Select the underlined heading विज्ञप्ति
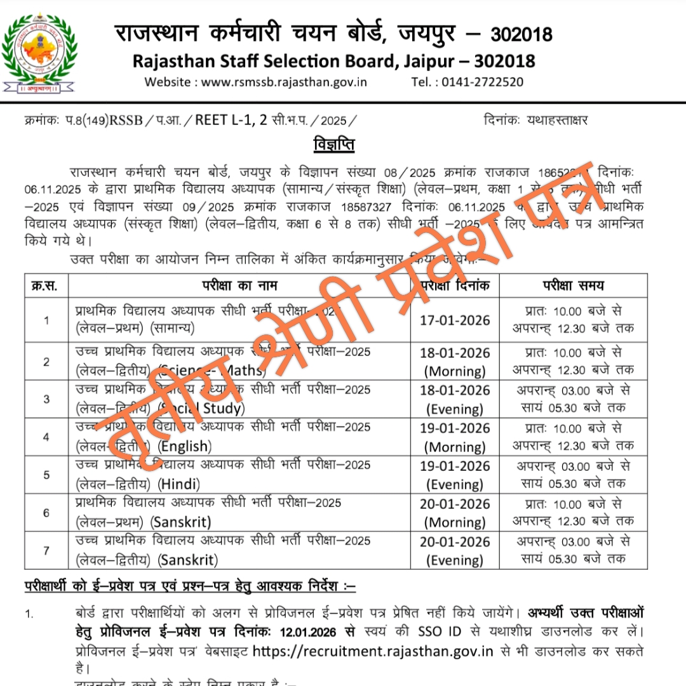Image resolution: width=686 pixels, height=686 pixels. tap(334, 145)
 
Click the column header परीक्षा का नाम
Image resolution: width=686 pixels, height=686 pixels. tap(239, 286)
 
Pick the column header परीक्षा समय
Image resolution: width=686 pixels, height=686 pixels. tap(573, 286)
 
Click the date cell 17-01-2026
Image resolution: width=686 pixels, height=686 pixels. tap(455, 320)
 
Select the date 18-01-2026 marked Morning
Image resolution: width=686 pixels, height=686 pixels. tap(455, 353)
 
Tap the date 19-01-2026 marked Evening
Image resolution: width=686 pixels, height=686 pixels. tap(455, 466)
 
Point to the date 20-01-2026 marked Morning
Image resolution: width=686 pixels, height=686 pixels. tap(455, 505)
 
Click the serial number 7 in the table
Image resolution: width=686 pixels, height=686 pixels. tap(46, 550)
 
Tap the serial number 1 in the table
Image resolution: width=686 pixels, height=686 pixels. tap(46, 320)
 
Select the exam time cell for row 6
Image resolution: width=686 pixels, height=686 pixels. tap(573, 513)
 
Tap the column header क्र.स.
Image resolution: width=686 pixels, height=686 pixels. tap(44, 286)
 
